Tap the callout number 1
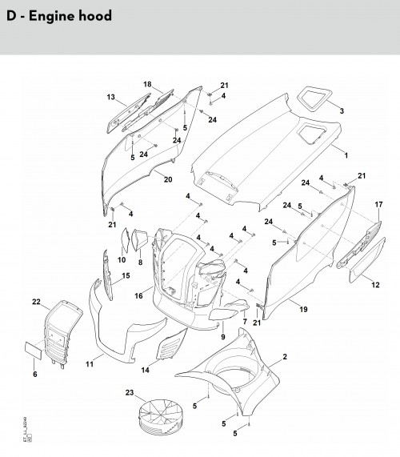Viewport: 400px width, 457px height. pos(346,155)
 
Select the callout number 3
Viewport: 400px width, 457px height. pos(342,110)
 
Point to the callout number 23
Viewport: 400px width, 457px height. pos(130,393)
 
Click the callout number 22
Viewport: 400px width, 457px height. pos(36,302)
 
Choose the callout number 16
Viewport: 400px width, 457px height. pos(138,296)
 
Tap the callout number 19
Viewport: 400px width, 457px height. pos(303,309)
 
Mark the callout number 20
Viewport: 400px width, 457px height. pos(168,179)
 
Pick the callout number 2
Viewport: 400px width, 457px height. pos(285,357)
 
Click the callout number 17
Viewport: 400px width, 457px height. pos(378,205)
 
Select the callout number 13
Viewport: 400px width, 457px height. pos(111,97)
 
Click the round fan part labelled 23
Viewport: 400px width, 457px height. pos(160,417)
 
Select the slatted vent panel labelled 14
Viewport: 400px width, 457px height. pos(171,345)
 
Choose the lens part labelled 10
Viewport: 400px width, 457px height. pos(126,240)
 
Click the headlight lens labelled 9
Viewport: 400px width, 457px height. pos(223,315)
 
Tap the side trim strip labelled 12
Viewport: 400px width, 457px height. pos(368,260)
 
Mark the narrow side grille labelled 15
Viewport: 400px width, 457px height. pos(107,275)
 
